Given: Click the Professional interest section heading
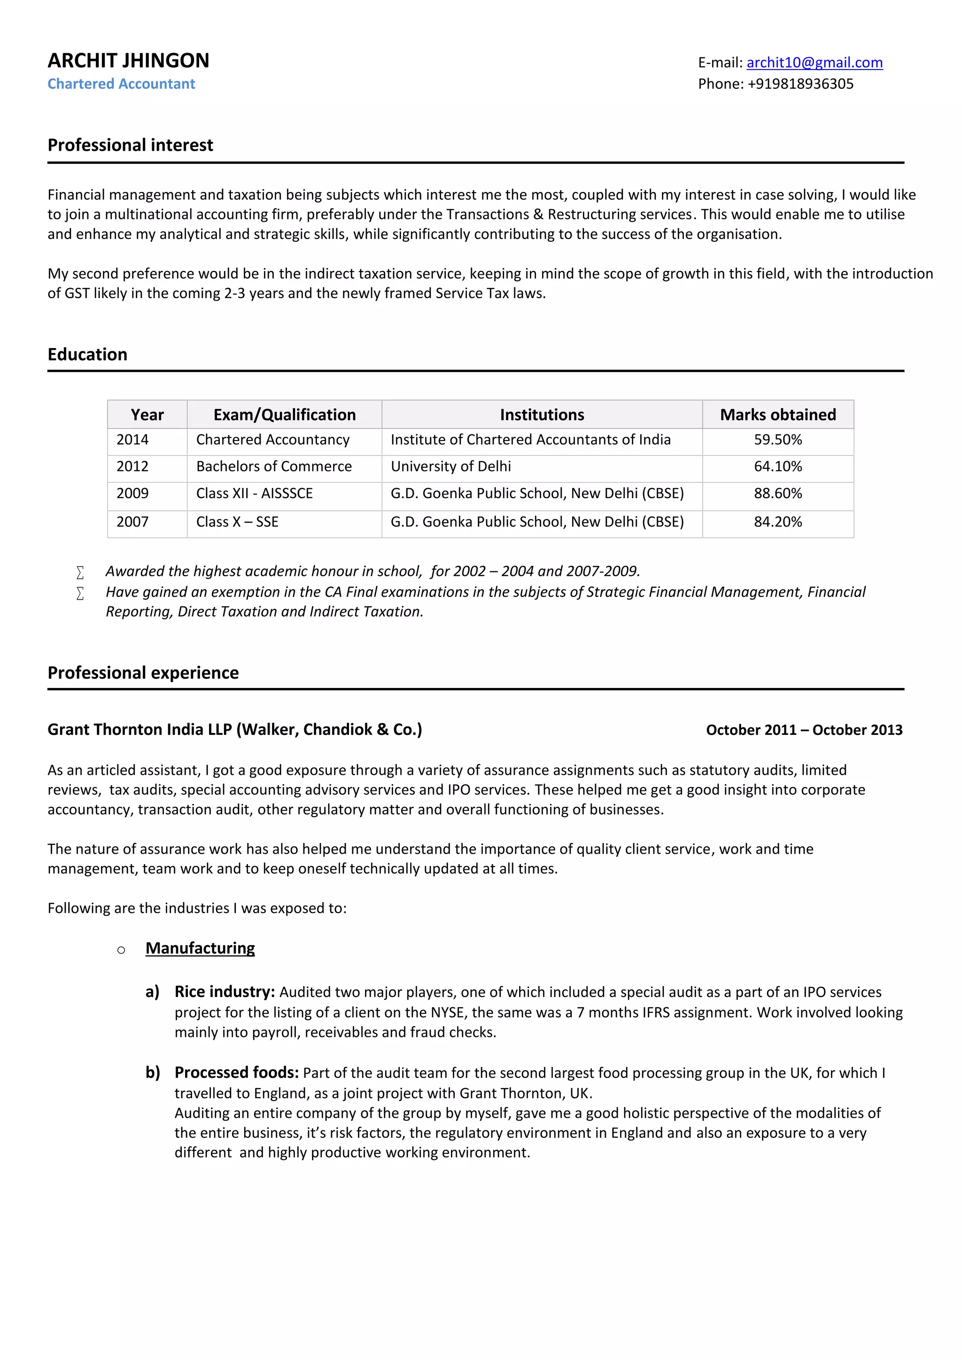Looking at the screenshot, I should click(x=130, y=145).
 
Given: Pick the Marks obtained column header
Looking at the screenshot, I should click(x=777, y=415).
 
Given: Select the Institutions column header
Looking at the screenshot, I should click(x=542, y=415).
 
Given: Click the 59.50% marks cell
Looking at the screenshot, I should click(x=777, y=440).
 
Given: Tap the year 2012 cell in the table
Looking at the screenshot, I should click(x=132, y=466).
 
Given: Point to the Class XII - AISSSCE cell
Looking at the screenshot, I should click(x=254, y=494).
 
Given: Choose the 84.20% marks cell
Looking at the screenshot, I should click(x=777, y=522).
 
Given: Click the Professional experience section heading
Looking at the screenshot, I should click(x=143, y=673).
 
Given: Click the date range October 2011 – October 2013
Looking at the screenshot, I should click(x=804, y=730).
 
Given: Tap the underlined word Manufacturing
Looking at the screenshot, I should click(x=200, y=948).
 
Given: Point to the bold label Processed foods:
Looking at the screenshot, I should click(x=236, y=1073).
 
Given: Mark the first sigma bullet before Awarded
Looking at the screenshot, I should click(x=80, y=572).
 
